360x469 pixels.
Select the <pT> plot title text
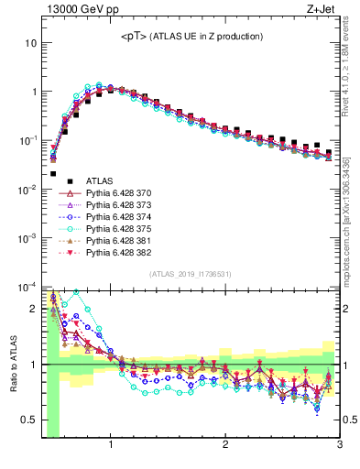tap(191, 36)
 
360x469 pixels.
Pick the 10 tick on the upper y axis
tap(32, 43)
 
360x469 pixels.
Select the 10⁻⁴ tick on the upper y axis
tap(27, 286)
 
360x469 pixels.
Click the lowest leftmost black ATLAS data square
tap(53, 173)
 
